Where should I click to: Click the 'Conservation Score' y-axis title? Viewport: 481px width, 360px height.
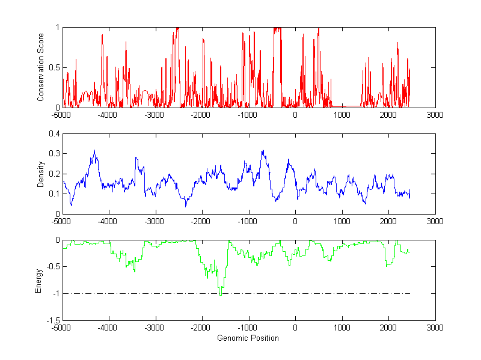[41, 67]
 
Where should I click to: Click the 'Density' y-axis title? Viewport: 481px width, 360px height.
[41, 174]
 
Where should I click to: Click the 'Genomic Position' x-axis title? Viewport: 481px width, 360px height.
[248, 338]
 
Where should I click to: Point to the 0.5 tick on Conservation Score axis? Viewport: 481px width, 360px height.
[54, 67]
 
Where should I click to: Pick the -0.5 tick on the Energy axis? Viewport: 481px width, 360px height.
[52, 267]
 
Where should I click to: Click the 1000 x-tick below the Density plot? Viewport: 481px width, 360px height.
[342, 221]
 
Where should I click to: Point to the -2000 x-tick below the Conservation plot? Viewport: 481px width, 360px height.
[201, 115]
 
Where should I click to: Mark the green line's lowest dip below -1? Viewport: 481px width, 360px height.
[221, 295]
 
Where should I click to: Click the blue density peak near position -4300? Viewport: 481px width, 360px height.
[94, 151]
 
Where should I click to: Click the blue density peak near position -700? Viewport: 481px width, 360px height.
[263, 151]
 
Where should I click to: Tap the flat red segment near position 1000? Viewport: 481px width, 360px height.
[346, 105]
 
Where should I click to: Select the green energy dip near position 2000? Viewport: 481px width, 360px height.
[388, 265]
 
